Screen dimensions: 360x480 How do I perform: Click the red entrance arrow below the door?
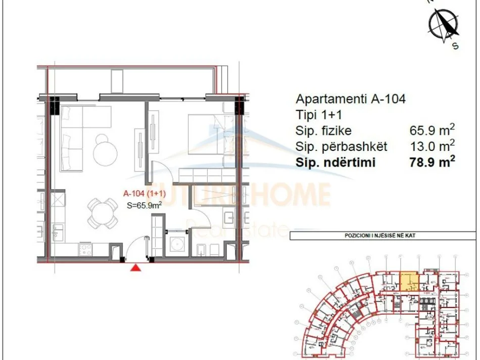click(135, 268)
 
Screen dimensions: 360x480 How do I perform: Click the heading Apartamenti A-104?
click(350, 99)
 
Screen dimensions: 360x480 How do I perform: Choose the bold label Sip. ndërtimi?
click(337, 163)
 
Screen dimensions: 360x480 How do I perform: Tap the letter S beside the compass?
click(455, 46)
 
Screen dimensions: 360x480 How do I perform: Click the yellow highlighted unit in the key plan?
click(409, 280)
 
